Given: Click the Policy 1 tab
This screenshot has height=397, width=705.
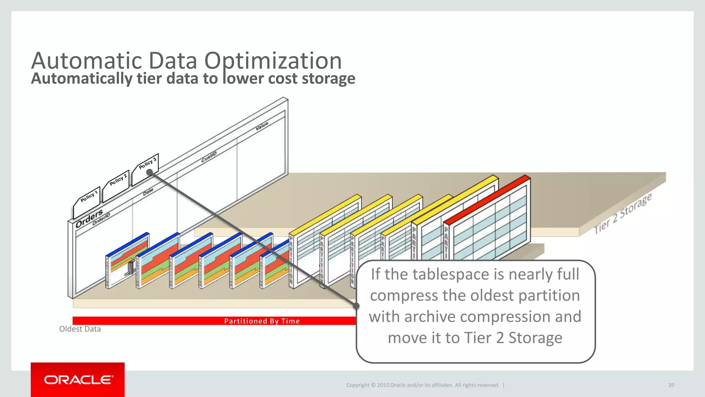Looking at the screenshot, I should (88, 196).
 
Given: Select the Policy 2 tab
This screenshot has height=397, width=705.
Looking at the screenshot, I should (118, 180).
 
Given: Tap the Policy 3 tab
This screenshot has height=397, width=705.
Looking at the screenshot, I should (147, 163).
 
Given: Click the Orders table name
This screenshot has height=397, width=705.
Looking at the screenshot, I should (89, 218).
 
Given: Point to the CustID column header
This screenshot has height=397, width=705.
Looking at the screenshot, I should (209, 157).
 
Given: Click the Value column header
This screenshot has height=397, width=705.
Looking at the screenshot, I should (262, 126).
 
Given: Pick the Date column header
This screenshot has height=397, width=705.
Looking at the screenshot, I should (148, 192).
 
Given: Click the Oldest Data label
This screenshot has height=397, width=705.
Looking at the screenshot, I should (80, 329).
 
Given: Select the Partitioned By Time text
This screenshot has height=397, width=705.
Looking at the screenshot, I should (262, 321).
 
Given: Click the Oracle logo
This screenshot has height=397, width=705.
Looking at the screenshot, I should (78, 380).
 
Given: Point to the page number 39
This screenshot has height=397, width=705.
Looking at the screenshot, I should (671, 385).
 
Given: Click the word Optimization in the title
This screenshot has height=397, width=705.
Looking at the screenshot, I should (273, 61).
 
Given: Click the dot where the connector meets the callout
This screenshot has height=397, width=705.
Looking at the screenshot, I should (356, 306).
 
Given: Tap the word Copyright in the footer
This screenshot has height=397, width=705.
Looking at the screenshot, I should (358, 385).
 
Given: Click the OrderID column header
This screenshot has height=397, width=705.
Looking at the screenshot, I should (101, 219).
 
